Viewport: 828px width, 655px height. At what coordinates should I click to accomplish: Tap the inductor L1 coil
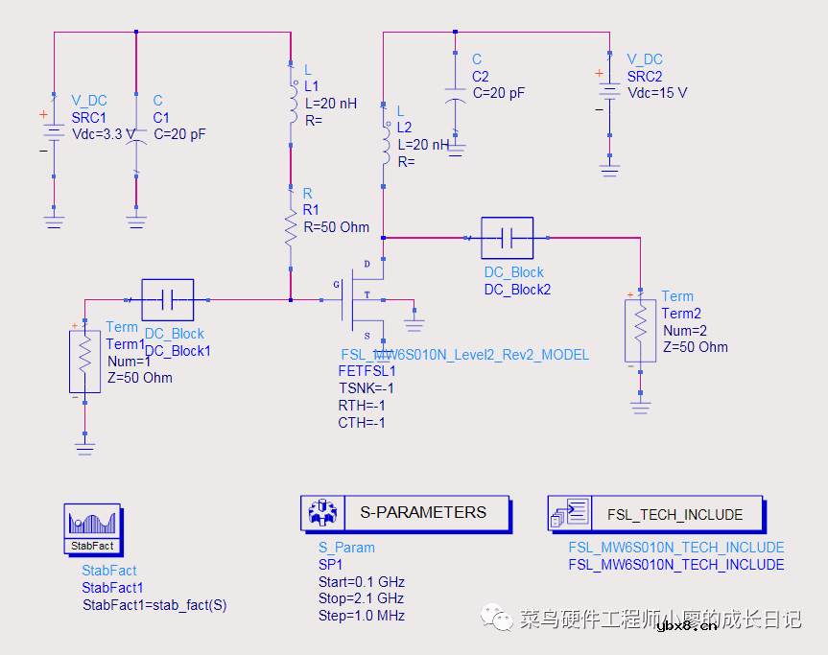pos(291,104)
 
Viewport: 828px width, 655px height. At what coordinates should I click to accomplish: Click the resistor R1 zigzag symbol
pos(291,228)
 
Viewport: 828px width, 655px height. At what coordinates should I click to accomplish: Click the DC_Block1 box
pos(167,300)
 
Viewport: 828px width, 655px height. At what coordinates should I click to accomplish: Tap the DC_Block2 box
pos(507,237)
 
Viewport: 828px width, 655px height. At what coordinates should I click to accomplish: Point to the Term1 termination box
pos(84,360)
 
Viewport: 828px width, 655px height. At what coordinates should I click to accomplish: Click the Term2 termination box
pos(640,330)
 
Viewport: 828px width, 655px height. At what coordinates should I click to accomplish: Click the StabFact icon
pos(92,527)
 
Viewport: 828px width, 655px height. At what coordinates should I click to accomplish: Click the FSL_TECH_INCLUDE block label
pos(674,515)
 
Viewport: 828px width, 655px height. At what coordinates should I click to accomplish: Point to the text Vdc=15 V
pos(657,93)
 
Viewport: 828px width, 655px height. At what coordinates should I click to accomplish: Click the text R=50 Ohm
pos(336,227)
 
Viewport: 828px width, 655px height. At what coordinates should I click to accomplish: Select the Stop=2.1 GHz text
pos(362,598)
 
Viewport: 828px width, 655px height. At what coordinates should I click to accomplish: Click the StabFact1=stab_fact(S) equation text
pos(154,604)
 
